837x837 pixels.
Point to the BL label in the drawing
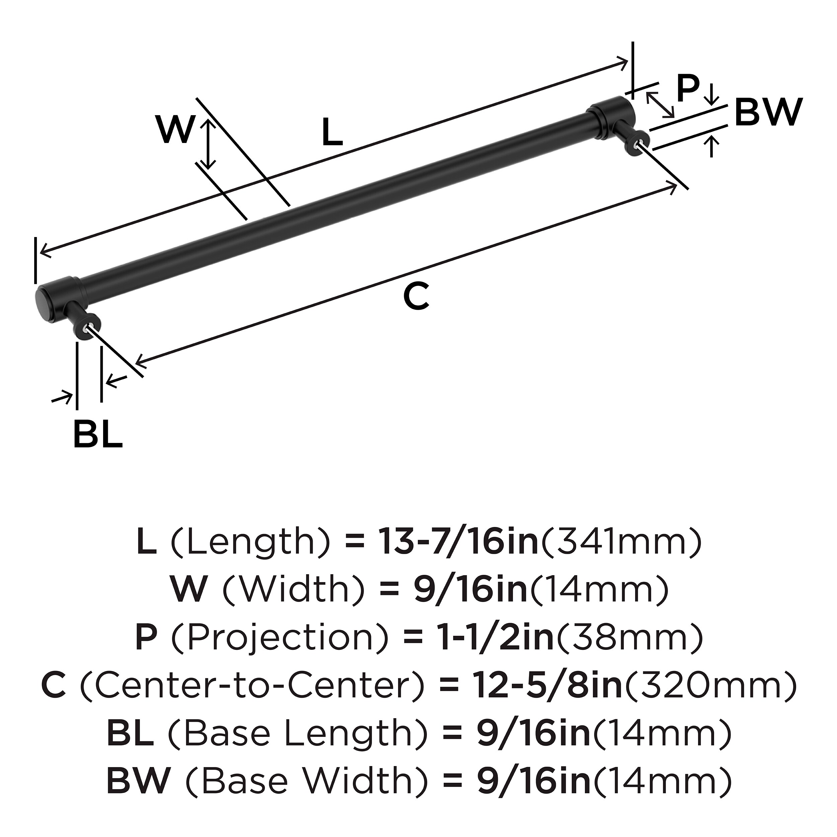point(98,434)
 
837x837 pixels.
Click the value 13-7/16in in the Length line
point(458,542)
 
